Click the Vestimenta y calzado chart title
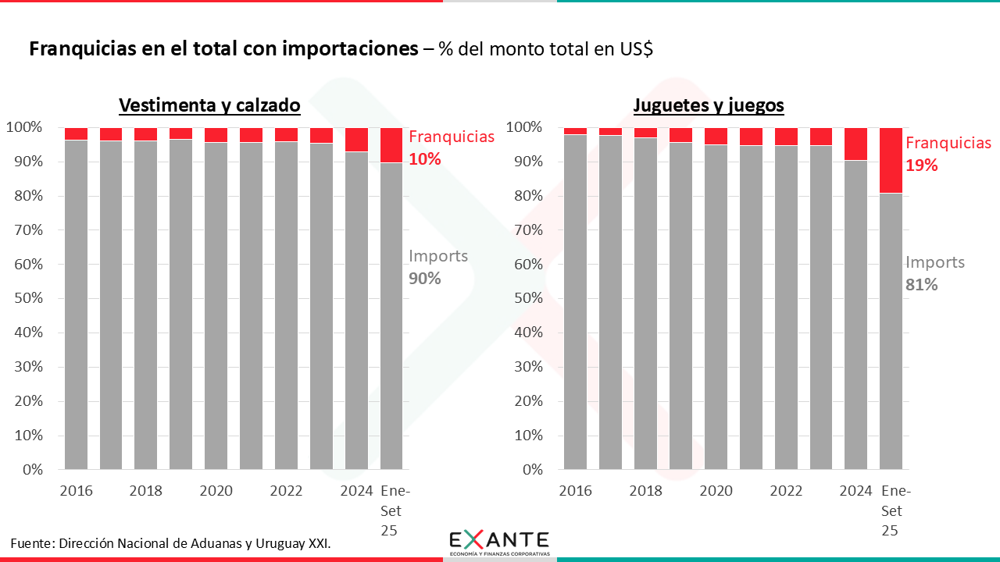pyautogui.click(x=209, y=105)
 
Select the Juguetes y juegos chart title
pyautogui.click(x=709, y=105)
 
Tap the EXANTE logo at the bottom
pyautogui.click(x=499, y=541)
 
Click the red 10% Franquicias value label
pyautogui.click(x=425, y=159)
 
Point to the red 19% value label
pyautogui.click(x=922, y=165)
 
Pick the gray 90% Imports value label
pyautogui.click(x=425, y=279)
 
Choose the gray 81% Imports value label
pyautogui.click(x=922, y=285)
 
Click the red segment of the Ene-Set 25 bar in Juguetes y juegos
pyautogui.click(x=891, y=160)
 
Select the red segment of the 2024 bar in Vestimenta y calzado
pyautogui.click(x=356, y=140)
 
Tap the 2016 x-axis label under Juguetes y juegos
pyautogui.click(x=575, y=491)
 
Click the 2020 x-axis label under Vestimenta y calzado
pyautogui.click(x=216, y=491)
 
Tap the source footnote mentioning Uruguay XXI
pyautogui.click(x=171, y=542)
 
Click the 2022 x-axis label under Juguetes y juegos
pyautogui.click(x=786, y=491)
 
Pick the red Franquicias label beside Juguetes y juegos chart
pyautogui.click(x=948, y=143)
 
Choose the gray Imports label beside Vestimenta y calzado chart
pyautogui.click(x=438, y=256)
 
